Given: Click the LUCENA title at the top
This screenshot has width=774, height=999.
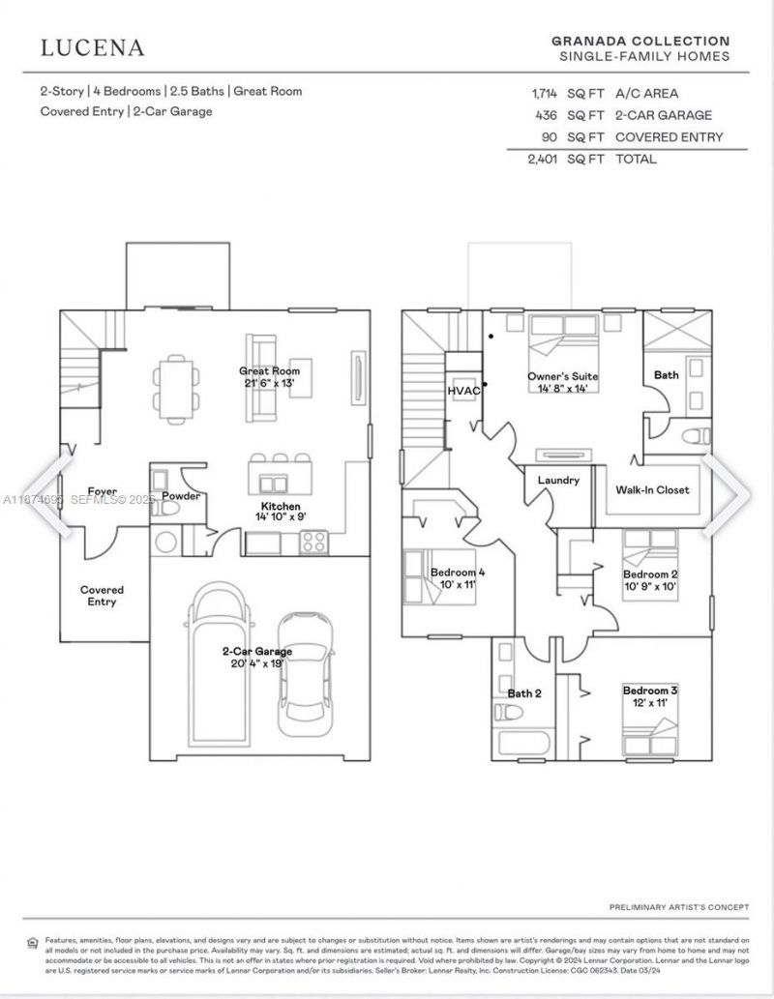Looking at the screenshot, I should tap(93, 47).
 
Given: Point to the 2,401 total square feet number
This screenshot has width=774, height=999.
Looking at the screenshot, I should tap(545, 159).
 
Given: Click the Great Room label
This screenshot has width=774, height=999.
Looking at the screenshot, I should tap(270, 370).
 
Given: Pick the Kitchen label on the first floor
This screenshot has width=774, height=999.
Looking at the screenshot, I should tap(281, 507).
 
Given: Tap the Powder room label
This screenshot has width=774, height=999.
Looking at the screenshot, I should tap(181, 496).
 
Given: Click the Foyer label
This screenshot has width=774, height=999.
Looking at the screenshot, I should tap(103, 491).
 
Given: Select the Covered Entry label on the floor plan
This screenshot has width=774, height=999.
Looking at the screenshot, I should tap(102, 596).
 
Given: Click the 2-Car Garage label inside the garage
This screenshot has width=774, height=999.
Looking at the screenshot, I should tap(257, 651).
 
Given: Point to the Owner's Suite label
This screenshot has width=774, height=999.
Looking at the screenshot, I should tap(563, 376).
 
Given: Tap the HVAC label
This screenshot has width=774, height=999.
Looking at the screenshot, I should tap(463, 390).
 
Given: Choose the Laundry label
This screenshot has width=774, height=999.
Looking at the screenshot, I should tap(558, 480).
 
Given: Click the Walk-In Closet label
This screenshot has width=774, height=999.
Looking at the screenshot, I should tap(653, 489).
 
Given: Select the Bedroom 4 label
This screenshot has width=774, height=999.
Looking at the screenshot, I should tap(458, 573).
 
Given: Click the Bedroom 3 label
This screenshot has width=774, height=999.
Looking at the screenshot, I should tap(650, 690).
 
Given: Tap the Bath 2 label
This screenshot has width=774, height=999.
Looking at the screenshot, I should tap(524, 692).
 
